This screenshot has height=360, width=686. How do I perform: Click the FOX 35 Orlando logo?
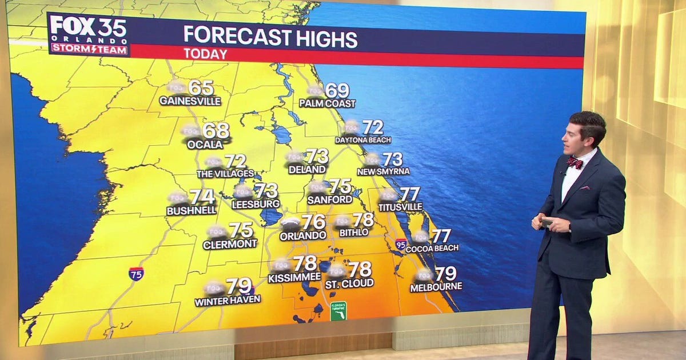tap(89, 34)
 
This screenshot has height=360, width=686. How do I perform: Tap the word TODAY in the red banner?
tap(205, 54)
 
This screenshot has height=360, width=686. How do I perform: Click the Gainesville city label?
tap(190, 101)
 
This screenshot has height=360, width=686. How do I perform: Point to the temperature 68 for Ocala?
tap(216, 131)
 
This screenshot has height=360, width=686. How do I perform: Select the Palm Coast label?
tap(327, 103)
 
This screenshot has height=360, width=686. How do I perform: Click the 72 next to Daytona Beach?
tap(372, 127)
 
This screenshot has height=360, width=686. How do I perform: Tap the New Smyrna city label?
tap(383, 171)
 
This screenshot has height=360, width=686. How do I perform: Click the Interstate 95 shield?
tap(401, 244)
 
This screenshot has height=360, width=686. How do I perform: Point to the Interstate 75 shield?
tap(136, 273)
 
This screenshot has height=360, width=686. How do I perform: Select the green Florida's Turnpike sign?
tap(338, 311)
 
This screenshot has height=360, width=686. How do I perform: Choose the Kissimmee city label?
tap(294, 278)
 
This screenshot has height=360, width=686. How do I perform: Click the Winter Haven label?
tap(227, 299)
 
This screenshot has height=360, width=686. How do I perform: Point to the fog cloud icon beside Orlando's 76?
tap(290, 222)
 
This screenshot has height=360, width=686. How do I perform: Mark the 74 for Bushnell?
tap(202, 197)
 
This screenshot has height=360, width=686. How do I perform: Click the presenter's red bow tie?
tap(575, 163)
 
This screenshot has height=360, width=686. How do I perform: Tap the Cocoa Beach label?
tap(432, 248)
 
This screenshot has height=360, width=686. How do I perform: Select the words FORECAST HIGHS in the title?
tap(270, 38)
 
